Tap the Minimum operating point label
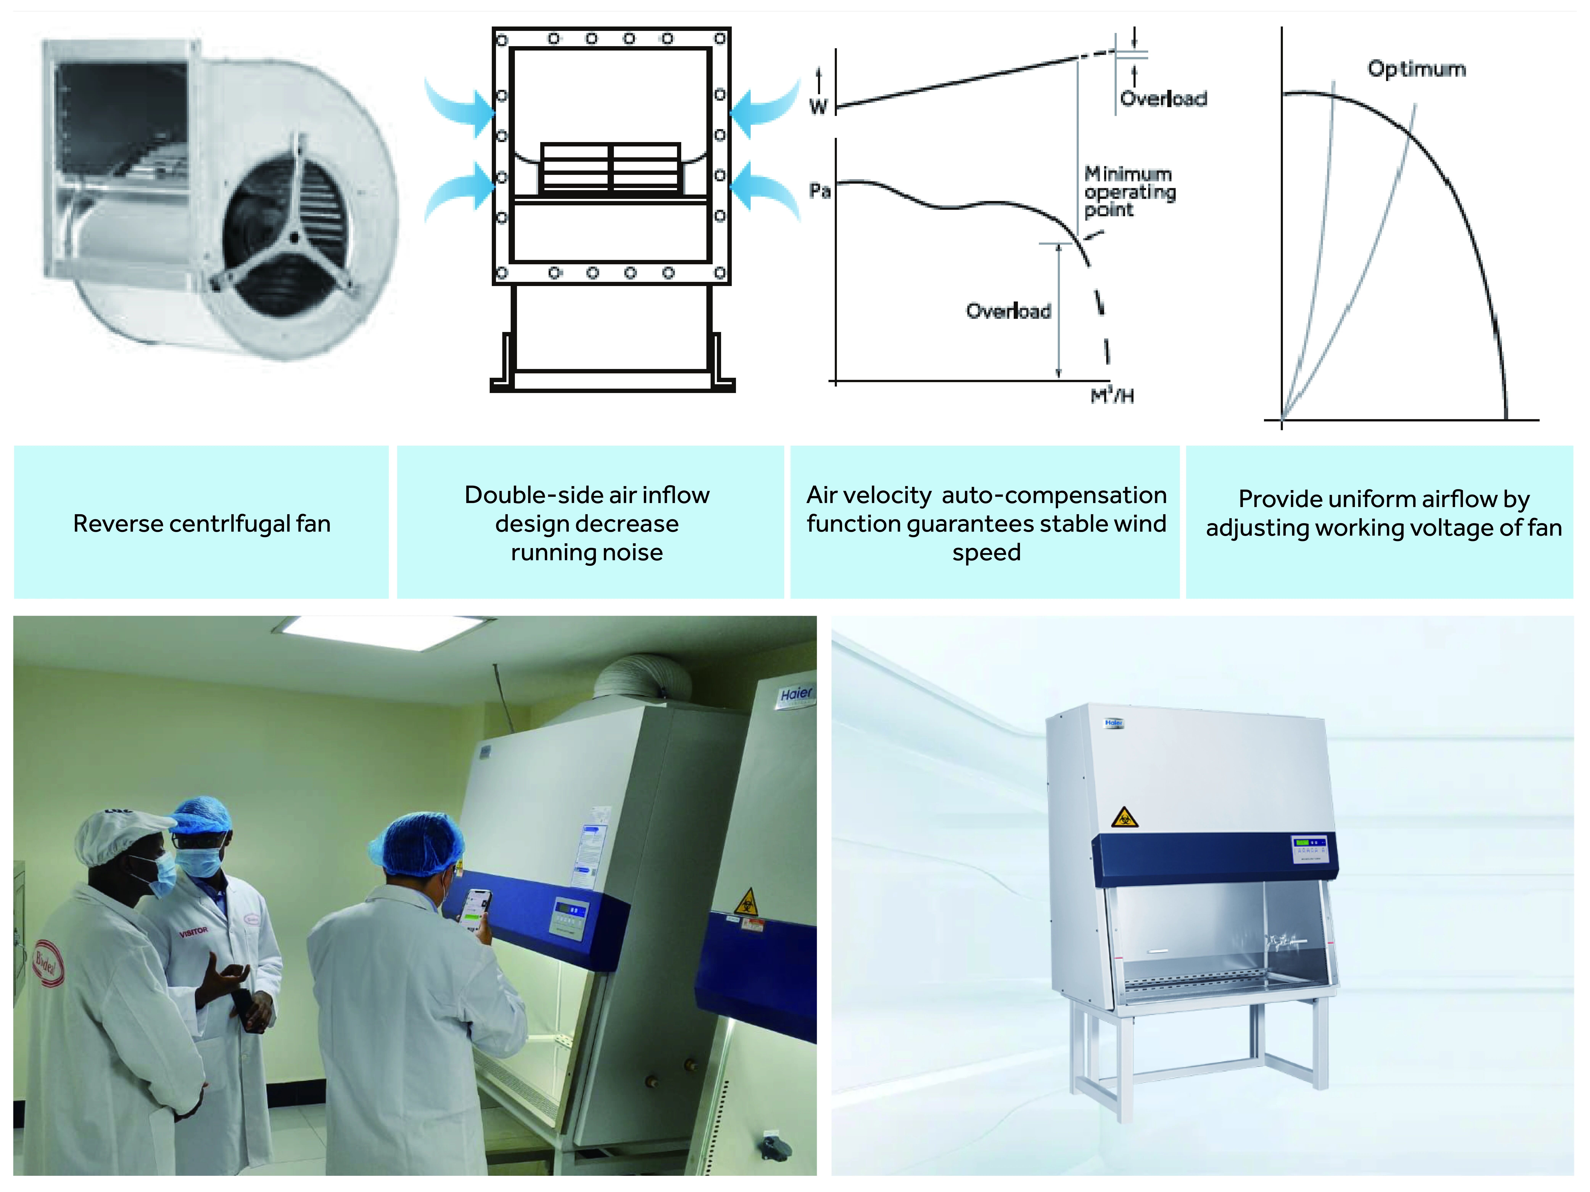pyautogui.click(x=1129, y=192)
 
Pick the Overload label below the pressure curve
pyautogui.click(x=1008, y=311)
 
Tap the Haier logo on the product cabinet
pyautogui.click(x=1113, y=723)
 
